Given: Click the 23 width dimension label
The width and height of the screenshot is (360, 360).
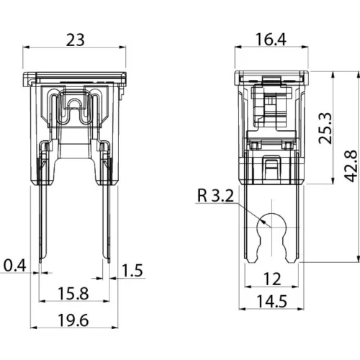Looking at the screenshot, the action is coord(75,40).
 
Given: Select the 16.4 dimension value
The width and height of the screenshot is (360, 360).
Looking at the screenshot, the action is coord(271,40).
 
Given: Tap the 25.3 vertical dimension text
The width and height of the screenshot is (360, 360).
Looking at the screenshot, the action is coord(325,128).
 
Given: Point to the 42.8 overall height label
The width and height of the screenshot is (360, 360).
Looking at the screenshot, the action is coord(351,166).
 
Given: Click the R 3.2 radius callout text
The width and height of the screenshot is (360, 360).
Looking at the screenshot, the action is coord(215,195).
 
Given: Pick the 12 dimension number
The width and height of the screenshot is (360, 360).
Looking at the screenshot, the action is coord(272,279).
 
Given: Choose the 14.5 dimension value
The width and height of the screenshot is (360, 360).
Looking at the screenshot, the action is coord(272,301).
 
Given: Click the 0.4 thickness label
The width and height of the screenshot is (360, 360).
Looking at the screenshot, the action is coord(15,266).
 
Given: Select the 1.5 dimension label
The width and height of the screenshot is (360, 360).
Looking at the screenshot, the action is coord(132,271).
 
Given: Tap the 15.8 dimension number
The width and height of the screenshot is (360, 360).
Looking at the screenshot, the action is coord(73,294).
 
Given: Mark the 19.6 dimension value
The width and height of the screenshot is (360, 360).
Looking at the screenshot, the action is coord(73,320).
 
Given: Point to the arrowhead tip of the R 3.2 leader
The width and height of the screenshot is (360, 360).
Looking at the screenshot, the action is coord(271,227).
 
